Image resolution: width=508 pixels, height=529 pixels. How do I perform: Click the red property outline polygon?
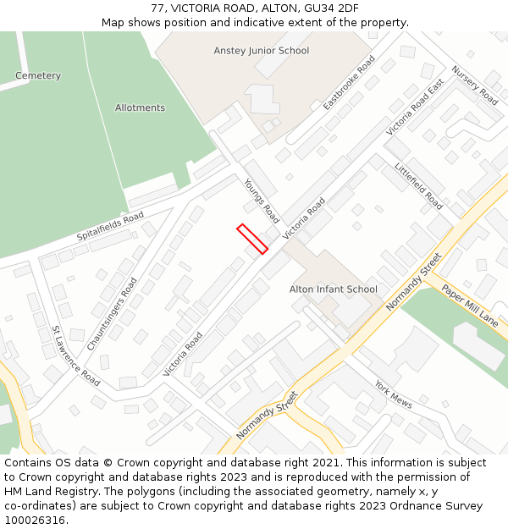coord(252,239)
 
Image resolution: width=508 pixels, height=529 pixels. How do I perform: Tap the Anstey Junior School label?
coord(261,51)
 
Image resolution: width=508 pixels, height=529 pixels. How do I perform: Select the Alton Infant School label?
coord(334,289)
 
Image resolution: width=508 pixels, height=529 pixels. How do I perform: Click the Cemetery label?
coord(38,76)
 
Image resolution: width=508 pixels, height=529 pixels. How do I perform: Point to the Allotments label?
coord(140,108)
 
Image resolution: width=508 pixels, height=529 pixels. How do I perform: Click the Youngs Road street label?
coord(261,201)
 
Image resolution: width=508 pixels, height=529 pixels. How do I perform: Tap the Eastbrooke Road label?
coord(349,83)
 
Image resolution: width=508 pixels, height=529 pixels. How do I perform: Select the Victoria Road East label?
coord(415,108)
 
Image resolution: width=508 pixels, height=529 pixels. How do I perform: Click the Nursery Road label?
coord(474,85)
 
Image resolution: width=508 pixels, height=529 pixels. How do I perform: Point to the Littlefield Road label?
coord(418,185)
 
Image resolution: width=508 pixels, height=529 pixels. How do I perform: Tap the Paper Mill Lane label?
coord(469,305)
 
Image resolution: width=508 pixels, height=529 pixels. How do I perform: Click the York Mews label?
coord(394,394)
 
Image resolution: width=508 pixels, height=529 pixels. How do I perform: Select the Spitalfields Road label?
coord(110,226)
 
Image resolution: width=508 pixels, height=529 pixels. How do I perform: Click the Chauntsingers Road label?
coord(112,314)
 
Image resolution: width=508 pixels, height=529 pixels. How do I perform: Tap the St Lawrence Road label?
coord(75,356)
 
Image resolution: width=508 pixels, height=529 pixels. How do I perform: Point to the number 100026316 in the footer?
coord(33,521)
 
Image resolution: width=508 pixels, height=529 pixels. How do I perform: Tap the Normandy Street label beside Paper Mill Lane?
coord(414,282)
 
